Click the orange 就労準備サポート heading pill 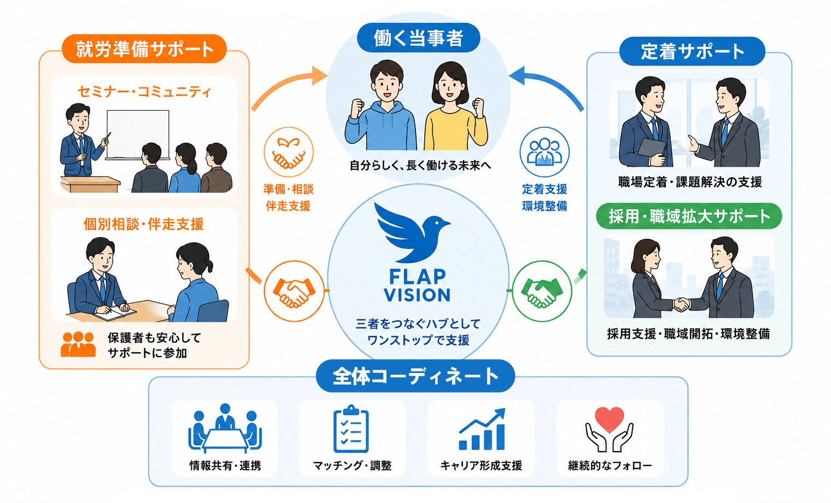pyautogui.click(x=144, y=49)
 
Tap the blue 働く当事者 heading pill pyautogui.click(x=418, y=38)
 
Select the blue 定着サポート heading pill pyautogui.click(x=692, y=51)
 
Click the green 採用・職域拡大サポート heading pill pyautogui.click(x=689, y=216)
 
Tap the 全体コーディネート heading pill pyautogui.click(x=415, y=376)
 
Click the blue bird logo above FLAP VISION pyautogui.click(x=412, y=233)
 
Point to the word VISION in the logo pyautogui.click(x=417, y=295)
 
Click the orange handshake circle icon pyautogui.click(x=294, y=291)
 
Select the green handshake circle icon pyautogui.click(x=542, y=291)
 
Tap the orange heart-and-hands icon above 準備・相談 pyautogui.click(x=289, y=152)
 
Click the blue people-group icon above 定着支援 pyautogui.click(x=545, y=152)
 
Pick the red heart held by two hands pyautogui.click(x=609, y=419)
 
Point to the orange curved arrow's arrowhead pyautogui.click(x=319, y=76)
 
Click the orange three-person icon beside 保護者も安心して pyautogui.click(x=78, y=345)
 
